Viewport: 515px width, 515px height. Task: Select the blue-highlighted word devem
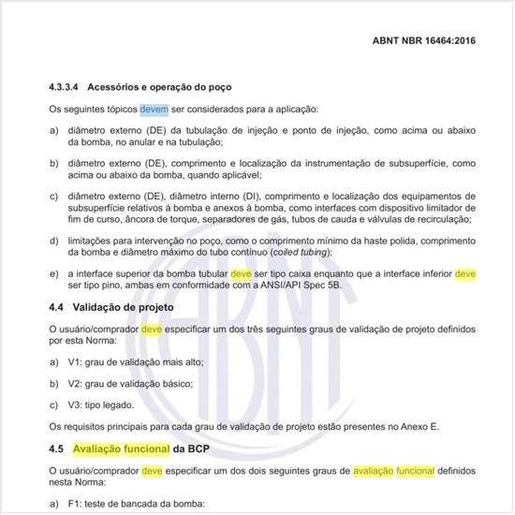(154, 110)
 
